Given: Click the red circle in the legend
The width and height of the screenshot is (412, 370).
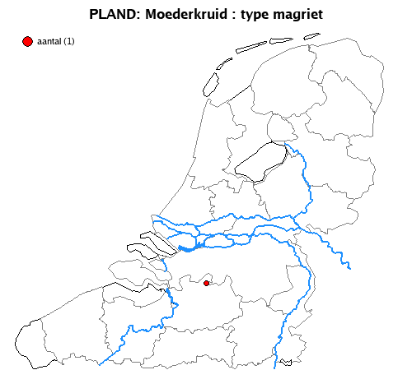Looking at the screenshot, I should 27,41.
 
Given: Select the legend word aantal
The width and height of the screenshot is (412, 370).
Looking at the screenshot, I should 49,42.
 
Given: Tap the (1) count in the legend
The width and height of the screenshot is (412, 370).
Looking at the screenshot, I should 68,42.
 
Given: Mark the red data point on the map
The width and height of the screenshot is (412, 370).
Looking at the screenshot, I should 207,284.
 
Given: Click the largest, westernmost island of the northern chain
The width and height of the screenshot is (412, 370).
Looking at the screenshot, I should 210,83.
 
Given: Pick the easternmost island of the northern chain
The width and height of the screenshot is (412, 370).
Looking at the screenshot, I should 311,36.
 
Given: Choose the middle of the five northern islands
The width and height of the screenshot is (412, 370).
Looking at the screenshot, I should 250,48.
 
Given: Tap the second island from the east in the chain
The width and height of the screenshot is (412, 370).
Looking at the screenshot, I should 284,41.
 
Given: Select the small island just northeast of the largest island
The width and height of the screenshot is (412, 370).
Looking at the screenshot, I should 222,65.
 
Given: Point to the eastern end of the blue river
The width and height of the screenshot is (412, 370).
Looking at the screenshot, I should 350,266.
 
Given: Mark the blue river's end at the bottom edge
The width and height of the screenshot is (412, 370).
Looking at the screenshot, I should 278,363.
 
